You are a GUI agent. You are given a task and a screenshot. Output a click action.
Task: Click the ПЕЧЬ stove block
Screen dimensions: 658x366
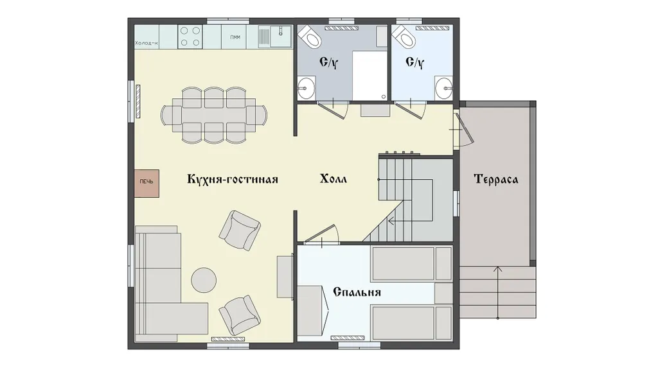point(147,183)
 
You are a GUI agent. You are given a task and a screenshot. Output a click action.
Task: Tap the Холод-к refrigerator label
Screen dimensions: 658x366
point(147,43)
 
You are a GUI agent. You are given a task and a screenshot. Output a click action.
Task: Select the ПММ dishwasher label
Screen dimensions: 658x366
point(235,37)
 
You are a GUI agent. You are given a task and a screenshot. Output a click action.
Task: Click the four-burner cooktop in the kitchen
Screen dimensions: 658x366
point(190,37)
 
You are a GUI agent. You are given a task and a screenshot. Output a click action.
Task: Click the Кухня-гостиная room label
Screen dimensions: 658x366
point(233,179)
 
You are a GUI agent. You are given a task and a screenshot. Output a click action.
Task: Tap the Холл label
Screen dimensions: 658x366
point(333,179)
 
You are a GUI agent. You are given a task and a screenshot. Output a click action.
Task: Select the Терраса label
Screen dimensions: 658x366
point(495,179)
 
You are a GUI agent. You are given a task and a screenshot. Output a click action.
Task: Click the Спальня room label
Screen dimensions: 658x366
point(357,292)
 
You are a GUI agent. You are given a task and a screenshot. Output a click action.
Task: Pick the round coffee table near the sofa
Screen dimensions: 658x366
point(204,279)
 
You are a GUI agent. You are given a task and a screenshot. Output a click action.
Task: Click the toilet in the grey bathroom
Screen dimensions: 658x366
point(310,37)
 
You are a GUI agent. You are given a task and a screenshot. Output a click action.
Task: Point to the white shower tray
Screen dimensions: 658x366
point(369,76)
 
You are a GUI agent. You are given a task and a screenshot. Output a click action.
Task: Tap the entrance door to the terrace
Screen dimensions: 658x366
point(464,128)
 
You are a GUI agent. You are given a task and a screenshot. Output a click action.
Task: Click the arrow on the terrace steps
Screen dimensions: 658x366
point(498,292)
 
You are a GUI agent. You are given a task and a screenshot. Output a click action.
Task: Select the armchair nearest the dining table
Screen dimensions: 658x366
point(240,230)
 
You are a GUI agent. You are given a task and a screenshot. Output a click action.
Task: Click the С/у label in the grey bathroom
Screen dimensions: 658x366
point(328,63)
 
